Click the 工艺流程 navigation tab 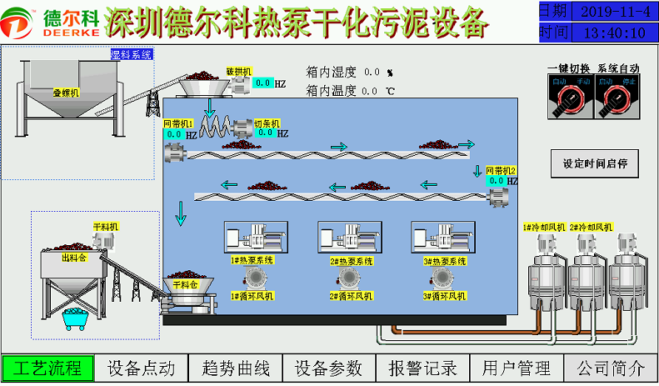[x=47, y=368]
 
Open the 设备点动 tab [x=142, y=368]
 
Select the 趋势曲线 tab [x=236, y=368]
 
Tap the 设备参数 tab [x=329, y=368]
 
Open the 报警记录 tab [x=423, y=368]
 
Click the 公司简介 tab [x=611, y=368]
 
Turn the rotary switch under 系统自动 [x=617, y=100]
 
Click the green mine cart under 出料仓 [x=77, y=318]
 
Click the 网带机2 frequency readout [x=497, y=180]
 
